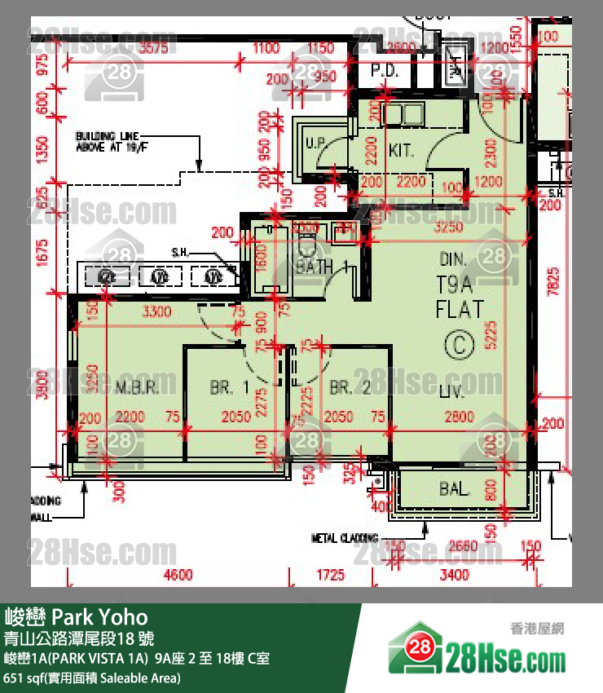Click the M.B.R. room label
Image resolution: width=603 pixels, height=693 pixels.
(x=136, y=387)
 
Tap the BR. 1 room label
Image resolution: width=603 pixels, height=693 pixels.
(x=229, y=387)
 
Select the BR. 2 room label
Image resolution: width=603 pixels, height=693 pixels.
(x=350, y=387)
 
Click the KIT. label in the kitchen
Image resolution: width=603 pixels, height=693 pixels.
(x=401, y=151)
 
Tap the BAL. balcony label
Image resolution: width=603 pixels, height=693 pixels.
(x=455, y=490)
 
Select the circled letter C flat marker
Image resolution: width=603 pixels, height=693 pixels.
(x=460, y=346)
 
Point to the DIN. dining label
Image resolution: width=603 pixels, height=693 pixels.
(x=452, y=260)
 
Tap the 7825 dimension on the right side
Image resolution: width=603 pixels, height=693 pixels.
(x=554, y=282)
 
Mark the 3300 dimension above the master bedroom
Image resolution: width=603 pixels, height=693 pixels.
(x=156, y=311)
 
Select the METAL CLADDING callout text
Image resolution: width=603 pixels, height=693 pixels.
(x=346, y=538)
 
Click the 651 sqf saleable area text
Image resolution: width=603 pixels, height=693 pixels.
(x=92, y=678)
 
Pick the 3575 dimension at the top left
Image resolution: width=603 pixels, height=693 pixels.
(x=153, y=48)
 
